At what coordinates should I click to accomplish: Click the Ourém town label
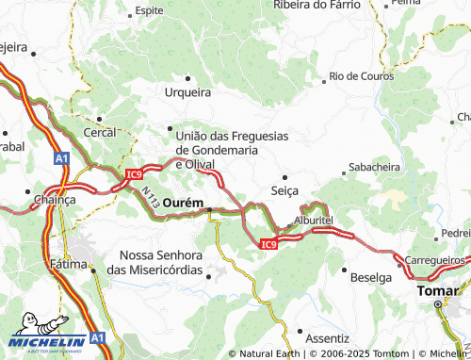tap(184, 203)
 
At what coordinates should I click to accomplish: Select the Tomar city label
tap(436, 292)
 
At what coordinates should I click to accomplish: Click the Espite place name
tap(149, 10)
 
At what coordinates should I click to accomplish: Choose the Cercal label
tap(100, 133)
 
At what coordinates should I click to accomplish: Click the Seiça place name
tap(284, 190)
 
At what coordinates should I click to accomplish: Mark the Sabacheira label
tap(374, 167)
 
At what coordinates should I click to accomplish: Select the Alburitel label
tap(314, 220)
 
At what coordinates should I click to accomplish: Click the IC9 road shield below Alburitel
tap(268, 245)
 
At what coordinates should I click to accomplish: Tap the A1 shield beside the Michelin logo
tap(98, 337)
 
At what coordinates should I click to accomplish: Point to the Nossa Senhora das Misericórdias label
tap(161, 263)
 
